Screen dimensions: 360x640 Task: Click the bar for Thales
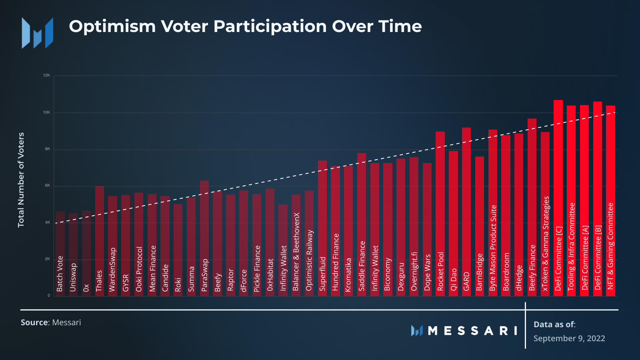click(x=99, y=241)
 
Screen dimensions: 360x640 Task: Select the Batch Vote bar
click(x=60, y=254)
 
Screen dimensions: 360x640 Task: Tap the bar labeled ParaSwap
click(x=204, y=238)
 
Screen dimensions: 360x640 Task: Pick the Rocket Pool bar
click(x=440, y=214)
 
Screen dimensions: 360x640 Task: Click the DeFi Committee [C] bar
click(x=558, y=198)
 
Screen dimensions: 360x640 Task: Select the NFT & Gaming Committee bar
click(x=610, y=201)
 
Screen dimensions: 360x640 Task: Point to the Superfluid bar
click(x=322, y=228)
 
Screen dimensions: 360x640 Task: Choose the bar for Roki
click(x=178, y=250)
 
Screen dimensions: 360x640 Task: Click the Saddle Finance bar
click(x=362, y=224)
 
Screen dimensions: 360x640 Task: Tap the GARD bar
click(x=466, y=212)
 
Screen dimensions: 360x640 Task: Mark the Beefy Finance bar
click(x=532, y=207)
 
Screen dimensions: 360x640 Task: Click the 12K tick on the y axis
click(x=47, y=75)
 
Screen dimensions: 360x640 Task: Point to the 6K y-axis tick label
click(x=47, y=186)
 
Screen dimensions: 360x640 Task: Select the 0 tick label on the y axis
click(x=49, y=296)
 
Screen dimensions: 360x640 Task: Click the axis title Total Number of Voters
click(x=21, y=180)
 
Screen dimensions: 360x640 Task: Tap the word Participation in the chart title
click(x=270, y=26)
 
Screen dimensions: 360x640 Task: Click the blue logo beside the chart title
click(x=37, y=33)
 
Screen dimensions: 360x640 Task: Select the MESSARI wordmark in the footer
click(x=464, y=331)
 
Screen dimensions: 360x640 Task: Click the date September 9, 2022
click(x=569, y=338)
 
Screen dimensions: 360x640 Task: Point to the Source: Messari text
click(x=51, y=322)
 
